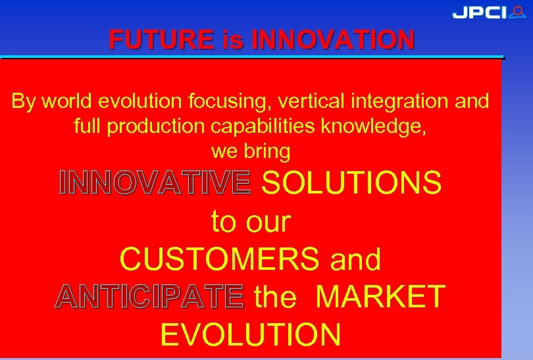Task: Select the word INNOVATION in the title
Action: (333, 40)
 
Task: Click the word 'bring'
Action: (266, 151)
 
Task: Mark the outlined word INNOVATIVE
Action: (155, 184)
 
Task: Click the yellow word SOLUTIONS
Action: (351, 184)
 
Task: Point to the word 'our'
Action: (268, 222)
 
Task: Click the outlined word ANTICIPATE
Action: (149, 297)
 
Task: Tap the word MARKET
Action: (380, 297)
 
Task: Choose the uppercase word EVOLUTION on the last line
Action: (251, 334)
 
